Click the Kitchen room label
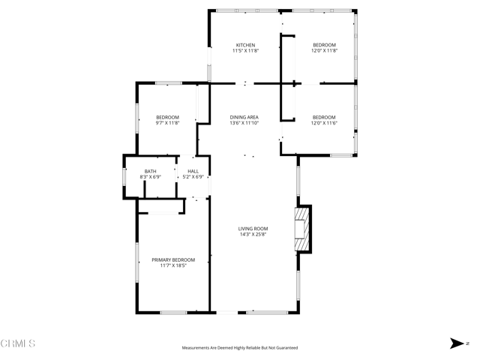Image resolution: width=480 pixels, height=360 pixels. click(x=246, y=45)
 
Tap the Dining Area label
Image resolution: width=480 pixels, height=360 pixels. click(x=244, y=117)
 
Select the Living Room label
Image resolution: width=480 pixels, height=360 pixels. click(x=253, y=229)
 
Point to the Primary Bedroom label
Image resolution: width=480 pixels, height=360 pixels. click(x=173, y=259)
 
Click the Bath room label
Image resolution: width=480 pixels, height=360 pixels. click(x=151, y=172)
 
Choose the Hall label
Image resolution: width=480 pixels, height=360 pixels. click(x=193, y=172)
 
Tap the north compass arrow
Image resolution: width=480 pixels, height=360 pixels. click(x=456, y=343)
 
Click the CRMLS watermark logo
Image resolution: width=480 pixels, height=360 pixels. click(x=18, y=343)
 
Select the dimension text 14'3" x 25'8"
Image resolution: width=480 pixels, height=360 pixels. click(x=253, y=235)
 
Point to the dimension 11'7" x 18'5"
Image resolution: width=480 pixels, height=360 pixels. click(x=173, y=265)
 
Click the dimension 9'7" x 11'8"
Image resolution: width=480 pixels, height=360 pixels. click(x=167, y=123)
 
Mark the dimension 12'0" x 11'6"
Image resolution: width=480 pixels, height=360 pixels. click(x=324, y=123)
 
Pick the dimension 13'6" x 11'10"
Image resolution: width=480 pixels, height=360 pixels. click(x=244, y=123)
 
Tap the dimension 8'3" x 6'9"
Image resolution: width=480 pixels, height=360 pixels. click(x=151, y=178)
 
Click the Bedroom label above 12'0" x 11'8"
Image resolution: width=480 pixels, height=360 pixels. click(x=324, y=45)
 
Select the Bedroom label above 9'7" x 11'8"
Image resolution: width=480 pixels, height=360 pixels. click(x=167, y=117)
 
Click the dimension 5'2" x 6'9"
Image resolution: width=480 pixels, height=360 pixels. click(x=193, y=178)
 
